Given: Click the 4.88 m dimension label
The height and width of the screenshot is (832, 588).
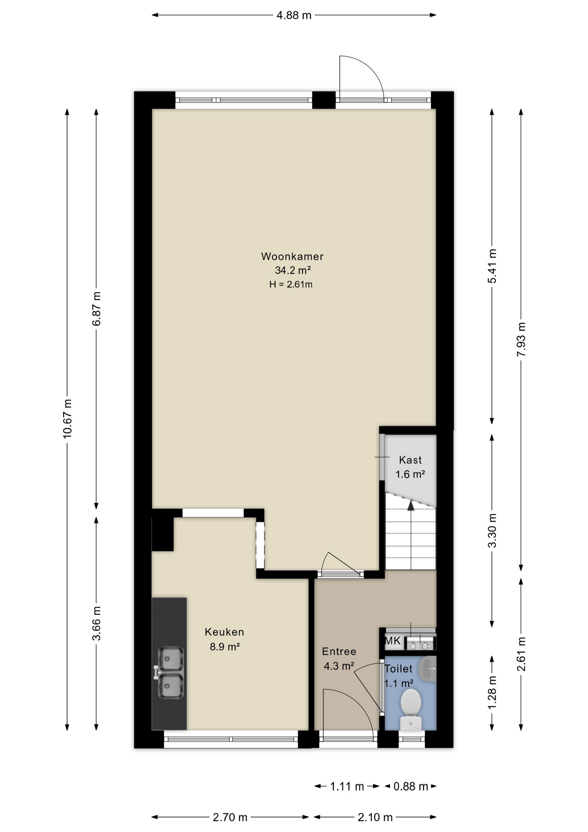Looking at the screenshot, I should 294,16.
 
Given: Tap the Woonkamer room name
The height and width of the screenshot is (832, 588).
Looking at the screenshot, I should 292,256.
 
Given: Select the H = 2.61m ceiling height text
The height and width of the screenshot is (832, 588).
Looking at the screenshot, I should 291,285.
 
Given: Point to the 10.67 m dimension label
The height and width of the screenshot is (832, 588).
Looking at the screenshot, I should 67,419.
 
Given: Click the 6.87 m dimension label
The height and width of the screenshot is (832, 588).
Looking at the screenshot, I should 97,309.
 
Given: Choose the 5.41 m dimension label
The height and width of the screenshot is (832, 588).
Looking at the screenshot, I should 492,266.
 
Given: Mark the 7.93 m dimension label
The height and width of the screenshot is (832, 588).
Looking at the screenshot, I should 521,339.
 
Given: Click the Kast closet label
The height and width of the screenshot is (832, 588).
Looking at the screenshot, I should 410,460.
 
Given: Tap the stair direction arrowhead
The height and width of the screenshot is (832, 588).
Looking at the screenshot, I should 410,504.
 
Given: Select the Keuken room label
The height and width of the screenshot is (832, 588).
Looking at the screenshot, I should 224,632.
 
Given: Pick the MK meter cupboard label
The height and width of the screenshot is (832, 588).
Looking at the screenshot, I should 393,641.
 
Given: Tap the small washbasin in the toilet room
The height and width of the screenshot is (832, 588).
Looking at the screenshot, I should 430,668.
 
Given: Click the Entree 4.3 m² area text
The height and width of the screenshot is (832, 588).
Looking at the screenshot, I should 339,666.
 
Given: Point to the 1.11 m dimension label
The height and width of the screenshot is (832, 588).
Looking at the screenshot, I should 347,786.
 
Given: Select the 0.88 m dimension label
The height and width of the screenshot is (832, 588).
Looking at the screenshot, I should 410,786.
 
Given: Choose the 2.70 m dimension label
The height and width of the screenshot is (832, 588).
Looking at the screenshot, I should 230,817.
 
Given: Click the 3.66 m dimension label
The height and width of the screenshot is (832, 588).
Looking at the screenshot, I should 97,623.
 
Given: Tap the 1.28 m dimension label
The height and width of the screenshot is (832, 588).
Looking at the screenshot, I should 492,692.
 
